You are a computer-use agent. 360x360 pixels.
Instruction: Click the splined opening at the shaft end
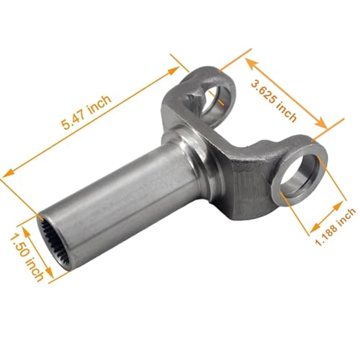(x=52, y=241)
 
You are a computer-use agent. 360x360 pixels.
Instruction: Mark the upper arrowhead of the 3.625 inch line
(x=249, y=61)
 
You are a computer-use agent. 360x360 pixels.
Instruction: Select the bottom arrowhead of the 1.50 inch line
(x=50, y=276)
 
